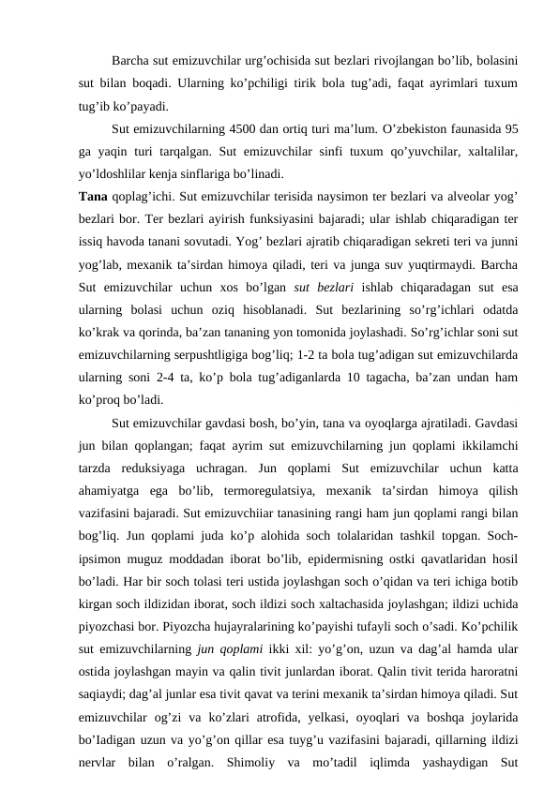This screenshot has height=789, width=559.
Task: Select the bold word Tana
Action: (94, 196)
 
